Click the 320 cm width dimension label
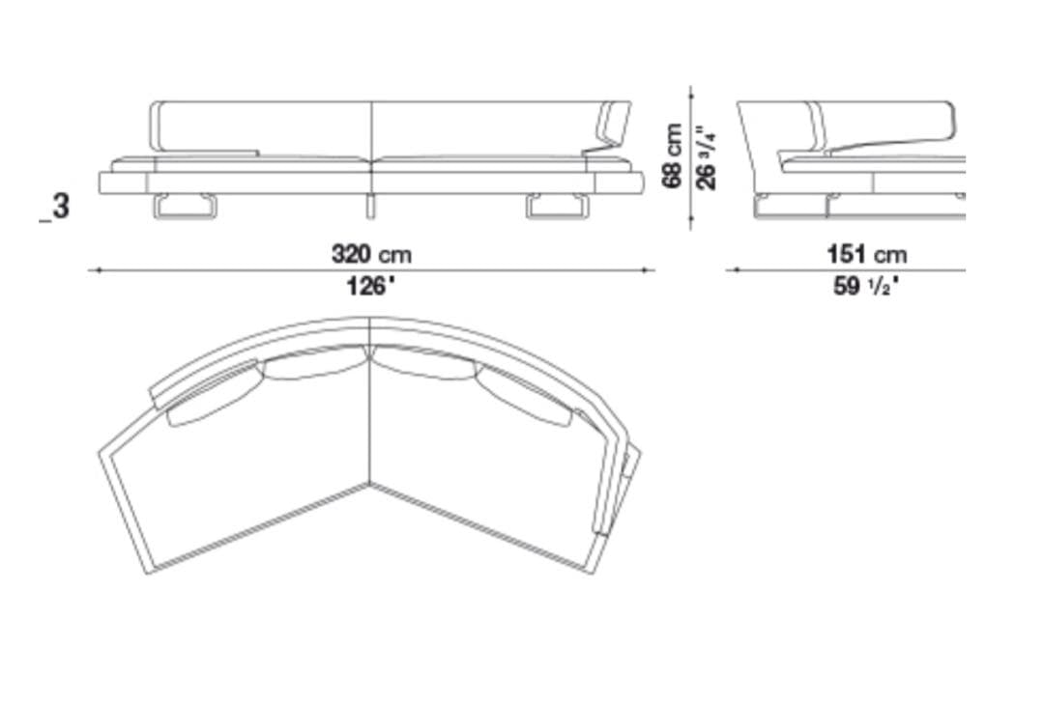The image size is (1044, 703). pyautogui.click(x=371, y=254)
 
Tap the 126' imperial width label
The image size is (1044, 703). pyautogui.click(x=371, y=288)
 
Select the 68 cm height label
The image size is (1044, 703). pyautogui.click(x=673, y=156)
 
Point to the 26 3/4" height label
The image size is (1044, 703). pyautogui.click(x=706, y=157)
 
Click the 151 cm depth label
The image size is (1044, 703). pyautogui.click(x=866, y=254)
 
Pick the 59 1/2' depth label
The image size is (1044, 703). pyautogui.click(x=866, y=287)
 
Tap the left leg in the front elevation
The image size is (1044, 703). pyautogui.click(x=186, y=207)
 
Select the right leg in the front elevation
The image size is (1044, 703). pyautogui.click(x=558, y=207)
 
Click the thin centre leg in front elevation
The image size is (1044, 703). pyautogui.click(x=370, y=206)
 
